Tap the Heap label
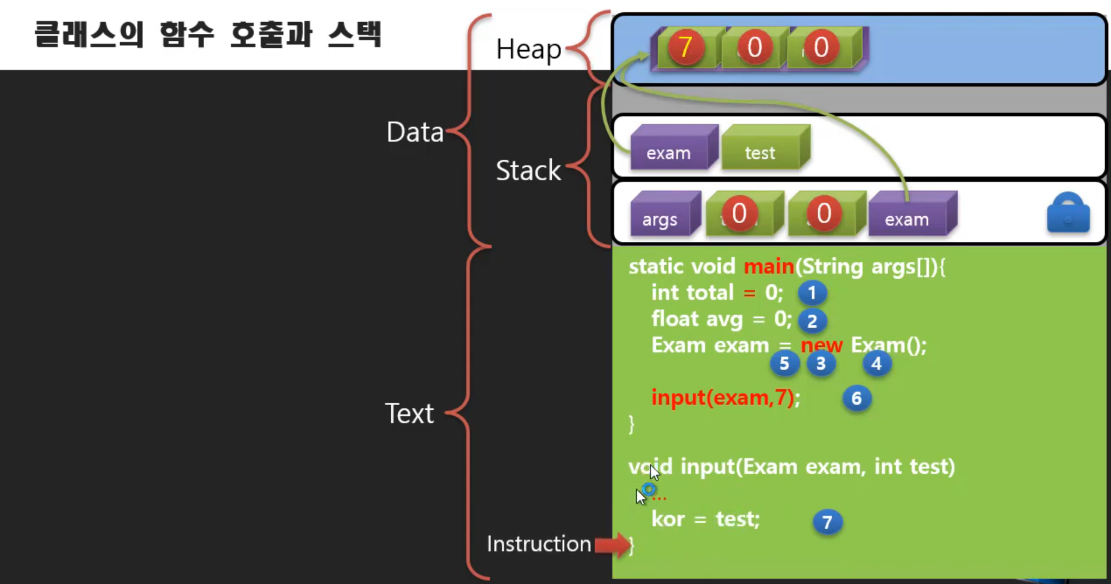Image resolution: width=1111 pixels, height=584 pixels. pos(528,50)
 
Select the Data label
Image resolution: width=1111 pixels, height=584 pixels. pos(415,132)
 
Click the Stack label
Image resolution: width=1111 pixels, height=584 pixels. pos(528,171)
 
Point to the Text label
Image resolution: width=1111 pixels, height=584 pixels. pos(409,414)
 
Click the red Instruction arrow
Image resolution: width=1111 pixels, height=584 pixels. pos(612,544)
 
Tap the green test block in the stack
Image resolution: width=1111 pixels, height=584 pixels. pos(761,150)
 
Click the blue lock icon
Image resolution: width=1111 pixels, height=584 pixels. pos(1068,214)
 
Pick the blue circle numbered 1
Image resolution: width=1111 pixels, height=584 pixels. pos(812,293)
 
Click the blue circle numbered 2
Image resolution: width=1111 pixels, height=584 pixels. pos(812,321)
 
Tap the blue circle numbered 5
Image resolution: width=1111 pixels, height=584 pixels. pos(784,364)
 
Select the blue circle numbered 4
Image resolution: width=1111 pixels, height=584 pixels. pos(876,364)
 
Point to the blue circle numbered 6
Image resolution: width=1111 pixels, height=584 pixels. pos(856,399)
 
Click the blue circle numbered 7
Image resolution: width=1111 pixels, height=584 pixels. pos(827,522)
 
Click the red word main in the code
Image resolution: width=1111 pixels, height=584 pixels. pos(769,267)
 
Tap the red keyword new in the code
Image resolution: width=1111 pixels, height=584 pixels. pos(822,346)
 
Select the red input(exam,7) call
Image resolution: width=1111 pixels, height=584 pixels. pos(723,398)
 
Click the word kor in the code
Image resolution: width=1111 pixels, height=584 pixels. pos(668,519)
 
